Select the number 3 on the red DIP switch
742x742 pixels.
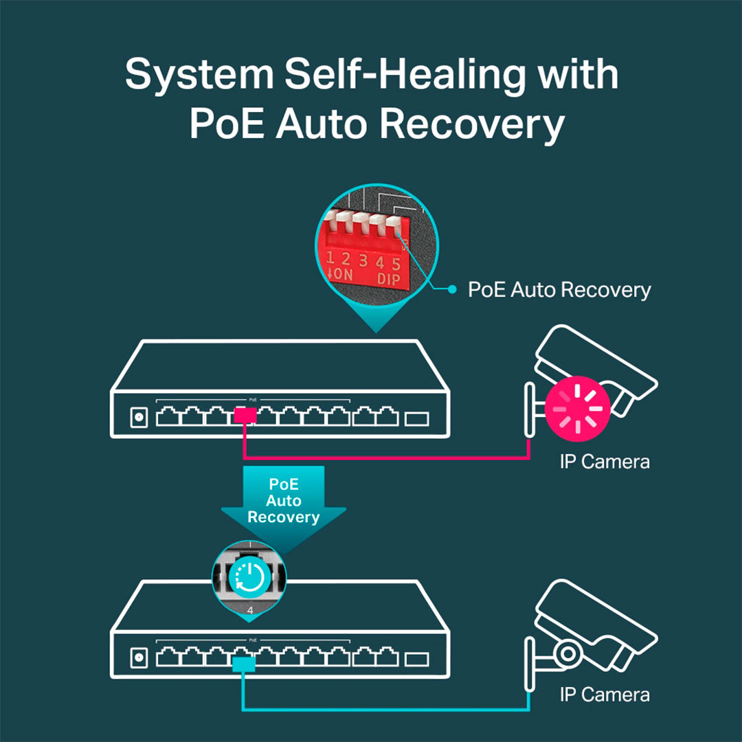tap(363, 260)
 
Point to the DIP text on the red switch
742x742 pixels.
tap(388, 279)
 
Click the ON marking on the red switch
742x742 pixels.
tap(340, 274)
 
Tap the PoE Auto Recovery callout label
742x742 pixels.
tap(559, 290)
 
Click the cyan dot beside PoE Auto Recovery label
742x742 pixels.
tap(452, 289)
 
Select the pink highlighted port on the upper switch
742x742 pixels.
tap(245, 416)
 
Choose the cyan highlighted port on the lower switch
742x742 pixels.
tap(244, 664)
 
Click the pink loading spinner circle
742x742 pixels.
tap(577, 408)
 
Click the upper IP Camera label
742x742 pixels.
tap(605, 462)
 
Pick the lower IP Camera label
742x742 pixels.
tap(605, 695)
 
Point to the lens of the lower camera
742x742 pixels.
tap(567, 654)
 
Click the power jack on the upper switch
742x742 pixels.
tap(139, 418)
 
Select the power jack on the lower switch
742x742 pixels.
tap(139, 657)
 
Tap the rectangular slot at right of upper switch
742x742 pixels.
tap(417, 419)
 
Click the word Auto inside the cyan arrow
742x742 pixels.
tap(284, 501)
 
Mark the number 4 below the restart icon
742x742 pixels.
tap(250, 611)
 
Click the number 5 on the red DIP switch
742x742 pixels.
tap(396, 264)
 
